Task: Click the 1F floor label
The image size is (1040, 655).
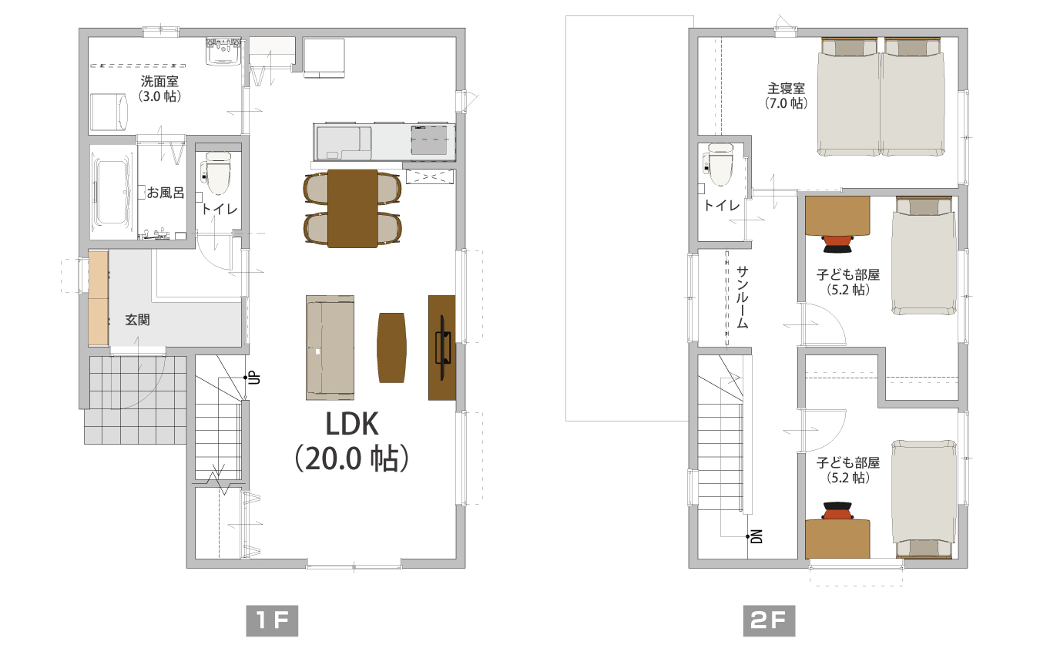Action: [272, 620]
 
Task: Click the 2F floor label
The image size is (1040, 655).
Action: [769, 620]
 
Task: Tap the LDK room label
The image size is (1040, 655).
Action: [352, 424]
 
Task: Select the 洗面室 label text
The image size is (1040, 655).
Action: [159, 81]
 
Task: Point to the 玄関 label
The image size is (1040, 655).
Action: [137, 320]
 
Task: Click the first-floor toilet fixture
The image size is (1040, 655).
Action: [216, 172]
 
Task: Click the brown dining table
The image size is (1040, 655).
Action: [352, 209]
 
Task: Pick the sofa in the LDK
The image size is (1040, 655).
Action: [330, 348]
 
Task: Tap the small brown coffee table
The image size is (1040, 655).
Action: [392, 348]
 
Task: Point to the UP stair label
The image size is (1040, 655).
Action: [254, 378]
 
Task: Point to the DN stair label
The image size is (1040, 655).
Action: [757, 536]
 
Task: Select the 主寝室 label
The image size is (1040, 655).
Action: [786, 89]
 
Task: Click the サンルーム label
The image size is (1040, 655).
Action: [743, 297]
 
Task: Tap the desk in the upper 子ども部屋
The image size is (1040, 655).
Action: [837, 216]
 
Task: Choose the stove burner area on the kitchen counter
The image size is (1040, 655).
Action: [429, 139]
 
